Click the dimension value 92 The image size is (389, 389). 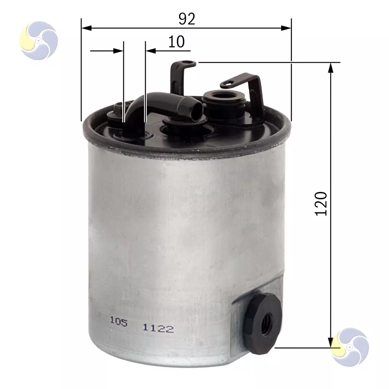(187, 19)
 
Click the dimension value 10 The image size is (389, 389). (176, 42)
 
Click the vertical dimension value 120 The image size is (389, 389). (321, 204)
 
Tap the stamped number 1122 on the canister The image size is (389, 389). (158, 329)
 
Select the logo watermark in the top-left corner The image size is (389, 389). (39, 40)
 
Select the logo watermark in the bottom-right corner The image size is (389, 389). (350, 347)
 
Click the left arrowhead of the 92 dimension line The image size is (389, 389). (87, 28)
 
